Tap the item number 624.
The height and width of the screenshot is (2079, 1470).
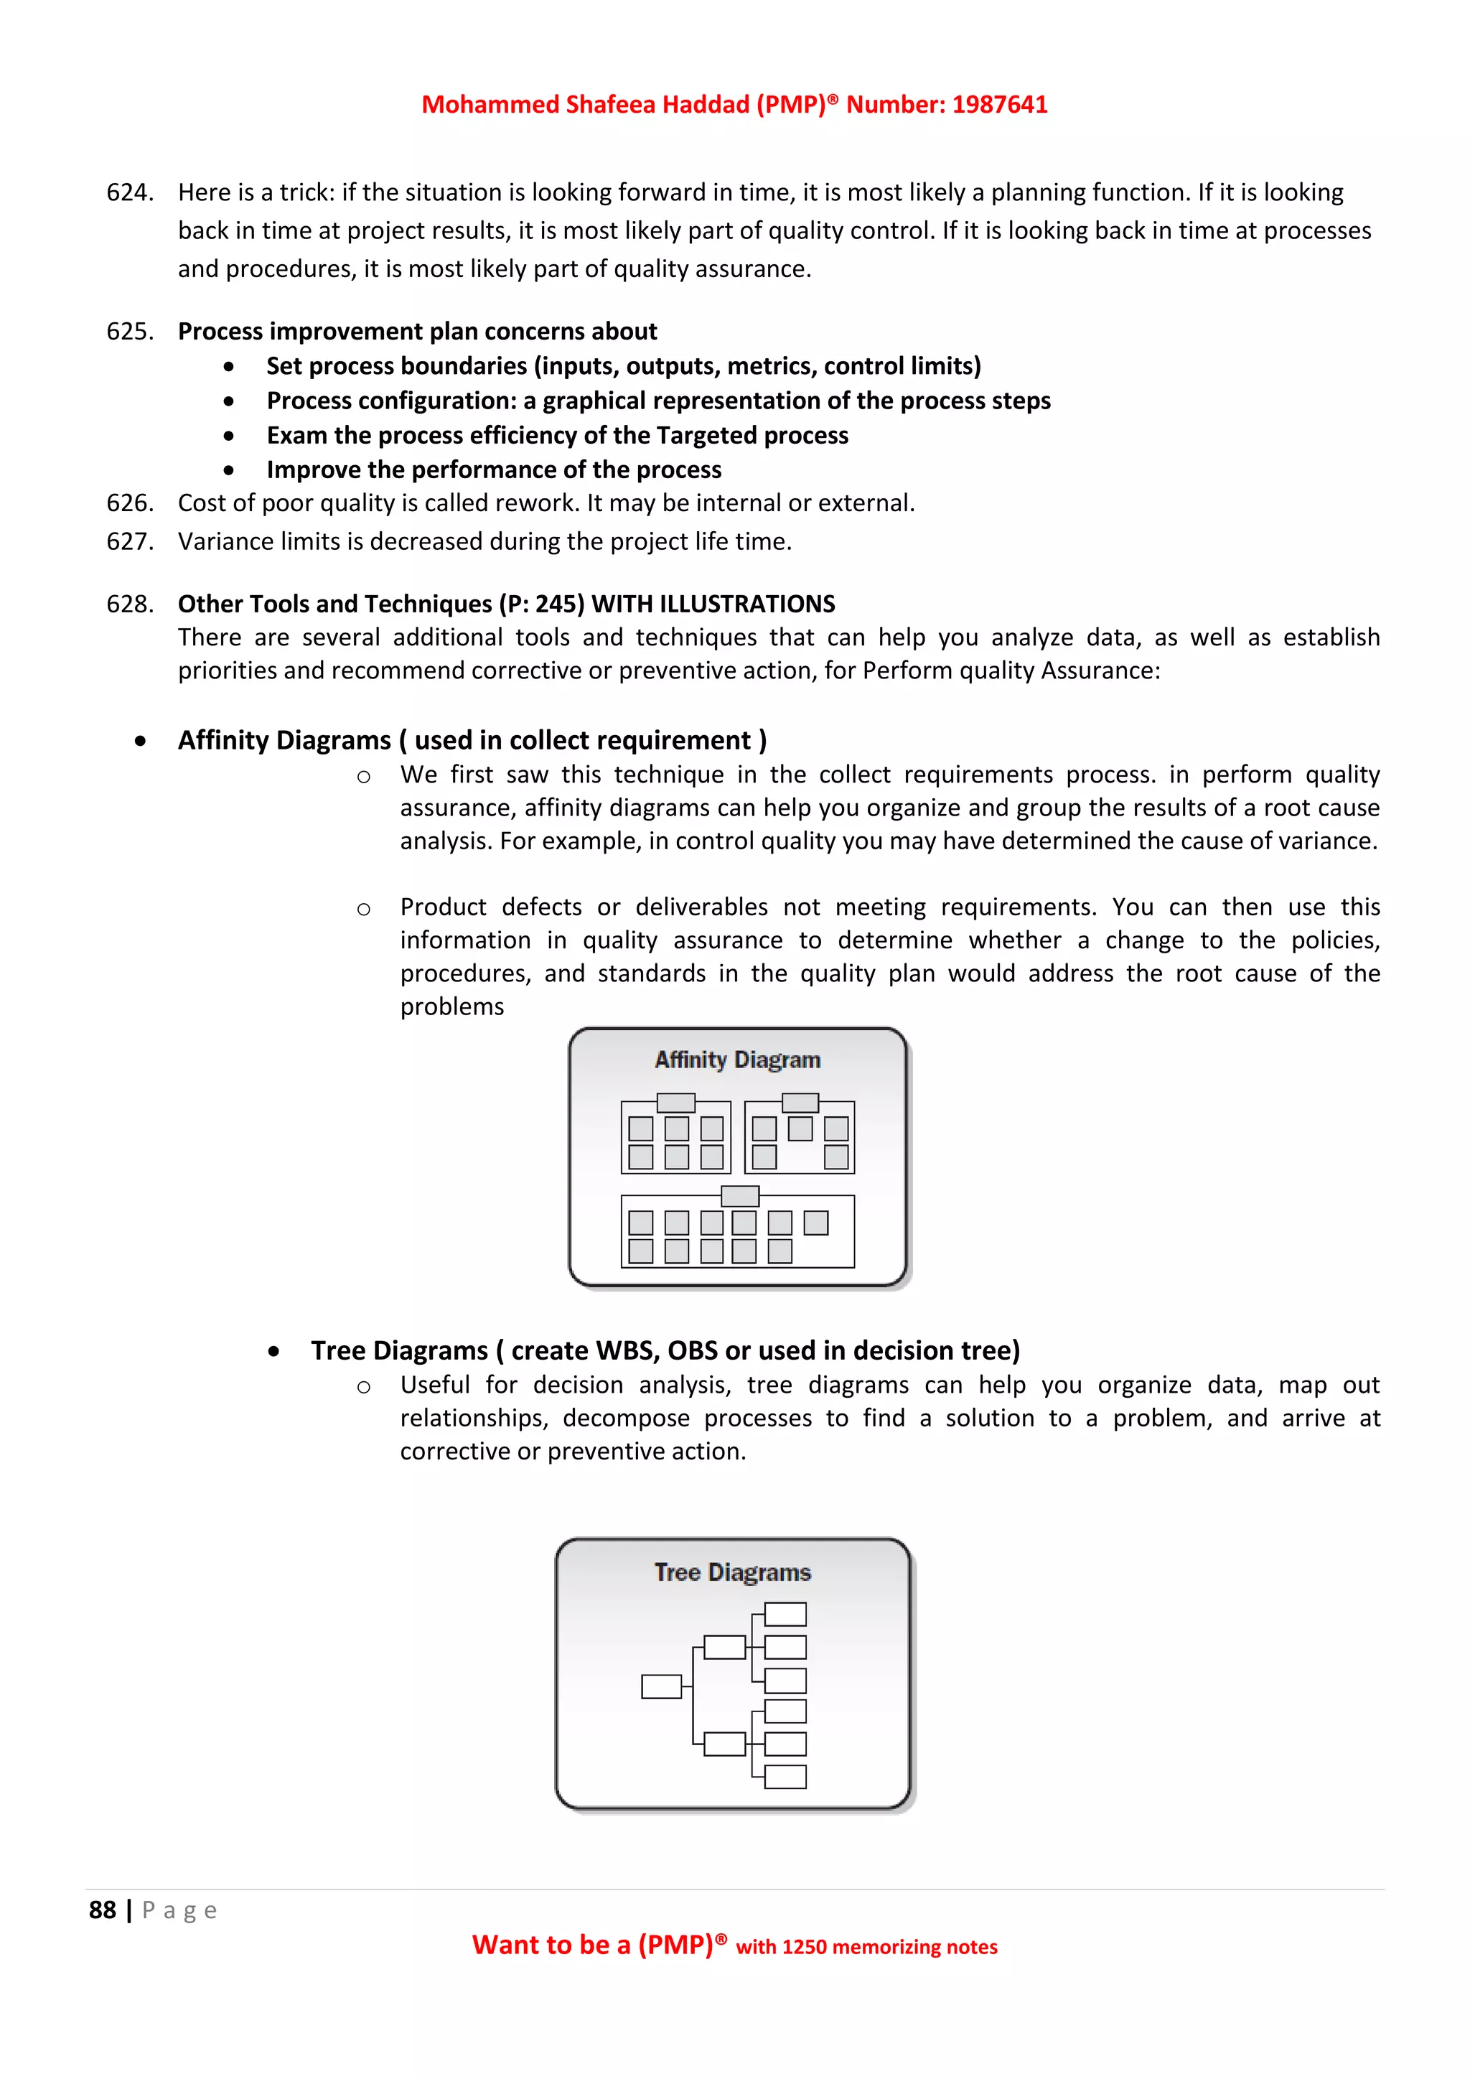129,193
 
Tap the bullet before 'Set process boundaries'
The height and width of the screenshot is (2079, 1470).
229,367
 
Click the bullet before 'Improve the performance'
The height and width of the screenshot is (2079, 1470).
229,471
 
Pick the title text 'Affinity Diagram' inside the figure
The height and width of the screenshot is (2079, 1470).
737,1060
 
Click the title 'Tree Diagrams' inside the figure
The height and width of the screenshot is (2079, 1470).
732,1572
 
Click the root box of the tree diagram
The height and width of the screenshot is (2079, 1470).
661,1686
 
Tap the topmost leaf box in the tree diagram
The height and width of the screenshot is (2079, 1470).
785,1614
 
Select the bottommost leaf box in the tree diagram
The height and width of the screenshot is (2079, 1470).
785,1777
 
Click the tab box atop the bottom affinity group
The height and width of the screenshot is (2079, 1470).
739,1196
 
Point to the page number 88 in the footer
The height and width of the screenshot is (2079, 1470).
103,1910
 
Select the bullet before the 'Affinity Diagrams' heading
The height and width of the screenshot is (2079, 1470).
140,742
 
